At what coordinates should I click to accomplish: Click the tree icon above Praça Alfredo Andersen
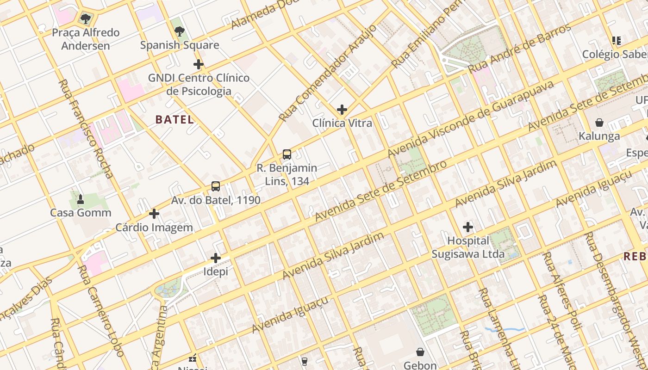coord(85,19)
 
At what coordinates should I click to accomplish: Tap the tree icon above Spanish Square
coord(180,31)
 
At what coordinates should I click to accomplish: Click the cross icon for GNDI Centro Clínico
coord(199,64)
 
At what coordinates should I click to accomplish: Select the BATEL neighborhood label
coord(174,119)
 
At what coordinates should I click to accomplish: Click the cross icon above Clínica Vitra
coord(342,110)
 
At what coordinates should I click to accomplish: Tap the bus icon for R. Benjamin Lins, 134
coord(287,154)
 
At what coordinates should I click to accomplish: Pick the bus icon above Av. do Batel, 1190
coord(216,186)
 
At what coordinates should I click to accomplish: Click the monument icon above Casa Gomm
coord(81,199)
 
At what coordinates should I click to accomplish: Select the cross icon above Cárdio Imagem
coord(154,214)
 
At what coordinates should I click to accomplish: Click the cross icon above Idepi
coord(216,258)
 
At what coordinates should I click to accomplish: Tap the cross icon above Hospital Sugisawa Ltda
coord(468,227)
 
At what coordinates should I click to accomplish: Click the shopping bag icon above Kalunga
coord(599,123)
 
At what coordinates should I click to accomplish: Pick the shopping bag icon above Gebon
coord(420,352)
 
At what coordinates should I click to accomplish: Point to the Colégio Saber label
coord(614,54)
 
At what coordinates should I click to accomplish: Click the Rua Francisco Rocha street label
coord(86,129)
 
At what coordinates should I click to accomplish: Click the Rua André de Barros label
coord(519,49)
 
